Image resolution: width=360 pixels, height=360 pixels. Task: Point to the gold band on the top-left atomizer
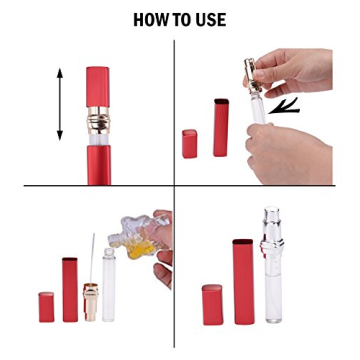point(98,126)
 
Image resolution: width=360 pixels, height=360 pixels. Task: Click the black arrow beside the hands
point(286,104)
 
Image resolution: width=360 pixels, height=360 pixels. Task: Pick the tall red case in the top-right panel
point(221,127)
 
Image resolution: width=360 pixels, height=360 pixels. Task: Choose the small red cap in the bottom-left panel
point(46,306)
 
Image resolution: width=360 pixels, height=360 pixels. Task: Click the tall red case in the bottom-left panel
point(70,290)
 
